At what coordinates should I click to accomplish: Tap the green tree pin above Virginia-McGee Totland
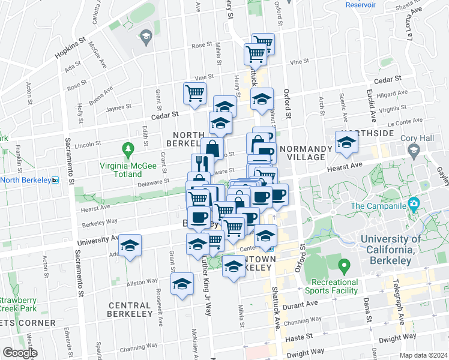click(127, 148)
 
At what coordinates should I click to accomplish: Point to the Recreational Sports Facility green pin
click(344, 265)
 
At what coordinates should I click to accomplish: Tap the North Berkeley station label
click(26, 179)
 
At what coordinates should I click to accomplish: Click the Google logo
click(19, 352)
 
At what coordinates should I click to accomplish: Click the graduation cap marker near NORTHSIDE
click(346, 143)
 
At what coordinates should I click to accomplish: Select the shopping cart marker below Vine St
click(195, 94)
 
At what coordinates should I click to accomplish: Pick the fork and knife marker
click(202, 164)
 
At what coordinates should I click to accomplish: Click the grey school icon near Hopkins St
click(146, 37)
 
